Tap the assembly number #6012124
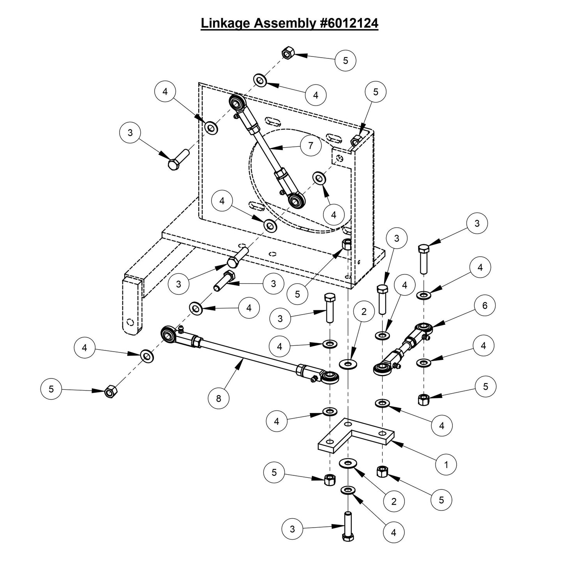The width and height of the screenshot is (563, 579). click(347, 23)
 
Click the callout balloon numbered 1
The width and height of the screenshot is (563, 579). click(446, 464)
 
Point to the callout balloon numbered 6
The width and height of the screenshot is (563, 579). click(484, 306)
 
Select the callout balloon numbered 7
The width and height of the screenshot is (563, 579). click(311, 146)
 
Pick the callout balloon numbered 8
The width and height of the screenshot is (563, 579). click(219, 398)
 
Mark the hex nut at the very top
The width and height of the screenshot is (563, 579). click(287, 53)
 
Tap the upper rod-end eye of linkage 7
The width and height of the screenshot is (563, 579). click(236, 103)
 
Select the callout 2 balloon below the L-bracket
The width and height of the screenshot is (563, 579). click(394, 501)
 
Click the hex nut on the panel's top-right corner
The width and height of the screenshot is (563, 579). click(355, 142)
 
